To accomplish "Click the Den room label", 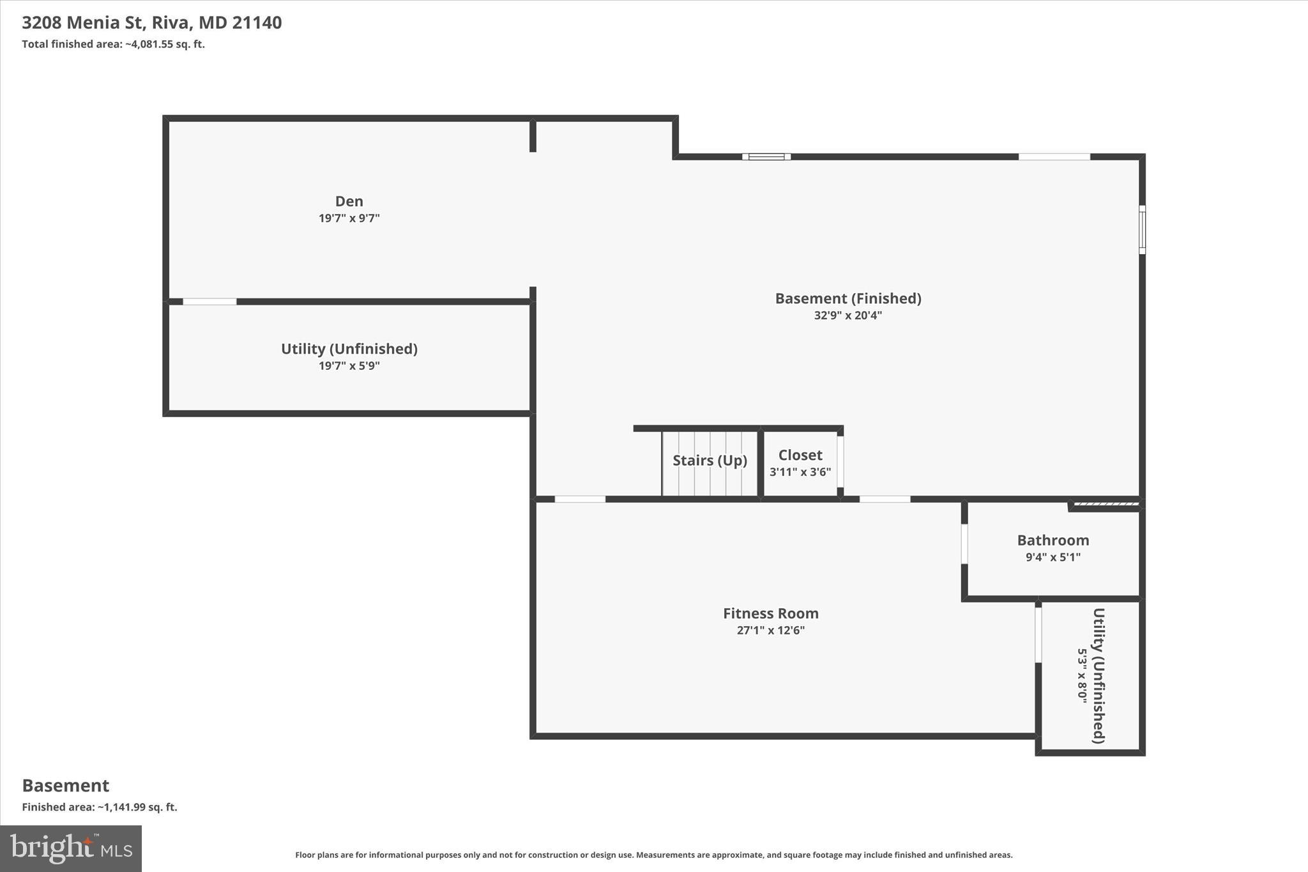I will pos(349,201).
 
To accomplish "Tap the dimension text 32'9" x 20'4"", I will pos(848,316).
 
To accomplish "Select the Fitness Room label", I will pos(770,613).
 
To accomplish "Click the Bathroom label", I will pos(1053,540).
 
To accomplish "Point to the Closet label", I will pos(800,455).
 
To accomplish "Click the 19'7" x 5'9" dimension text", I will pos(349,366).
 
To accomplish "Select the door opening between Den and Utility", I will pos(209,302).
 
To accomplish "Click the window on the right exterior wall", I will pos(1142,229).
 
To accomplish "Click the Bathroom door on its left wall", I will pos(964,544).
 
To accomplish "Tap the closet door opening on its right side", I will pos(840,462).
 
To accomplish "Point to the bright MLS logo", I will pos(71,848).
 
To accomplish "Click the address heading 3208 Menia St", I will pos(151,23).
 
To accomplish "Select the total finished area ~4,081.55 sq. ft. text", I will pos(113,45).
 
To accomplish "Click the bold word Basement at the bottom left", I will pos(65,786).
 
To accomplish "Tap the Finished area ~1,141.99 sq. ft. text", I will pos(99,807).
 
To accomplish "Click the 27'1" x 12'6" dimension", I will pos(770,631).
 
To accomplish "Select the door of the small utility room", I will pos(1038,634).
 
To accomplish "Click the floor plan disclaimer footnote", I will pos(653,855).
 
